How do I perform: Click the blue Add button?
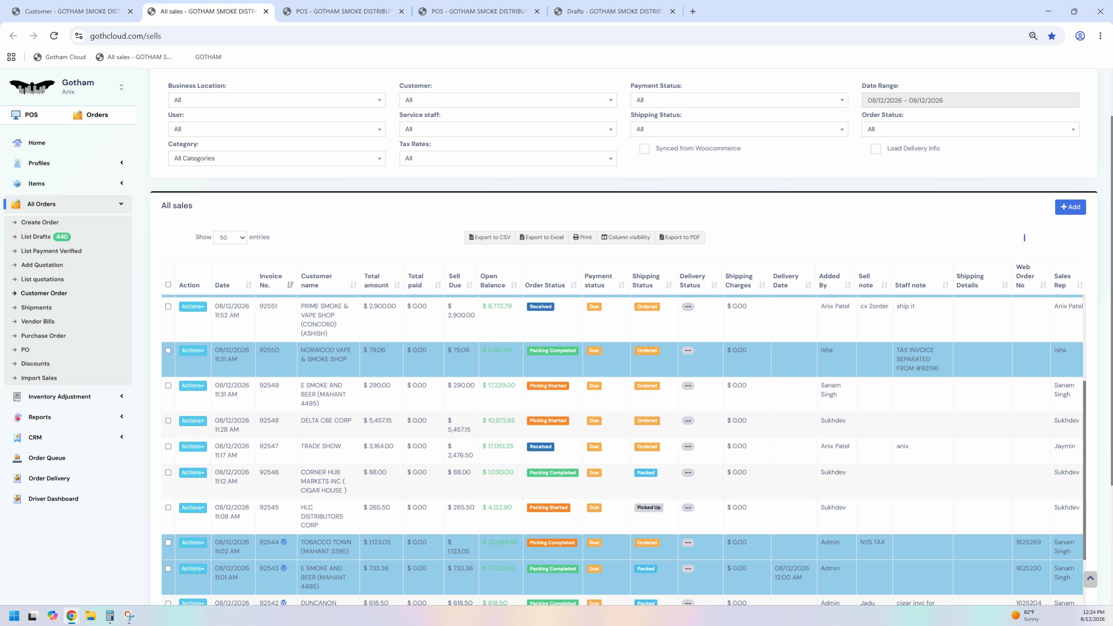1070,207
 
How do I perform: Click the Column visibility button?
625,237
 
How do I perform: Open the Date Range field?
970,100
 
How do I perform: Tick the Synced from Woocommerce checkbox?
644,149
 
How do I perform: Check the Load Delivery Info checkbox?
876,149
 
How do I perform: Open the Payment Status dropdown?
739,100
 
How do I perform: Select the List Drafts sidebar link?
36,237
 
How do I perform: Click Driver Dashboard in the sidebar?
53,499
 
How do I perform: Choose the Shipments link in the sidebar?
37,308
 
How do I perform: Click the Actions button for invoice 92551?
193,307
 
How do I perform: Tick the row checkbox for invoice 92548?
168,421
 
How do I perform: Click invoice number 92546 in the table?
269,472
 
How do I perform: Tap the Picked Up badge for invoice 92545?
648,507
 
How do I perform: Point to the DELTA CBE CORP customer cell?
326,421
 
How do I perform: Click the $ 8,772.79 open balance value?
497,306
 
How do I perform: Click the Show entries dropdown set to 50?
230,238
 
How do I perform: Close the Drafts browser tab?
672,12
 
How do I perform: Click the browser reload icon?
54,36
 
